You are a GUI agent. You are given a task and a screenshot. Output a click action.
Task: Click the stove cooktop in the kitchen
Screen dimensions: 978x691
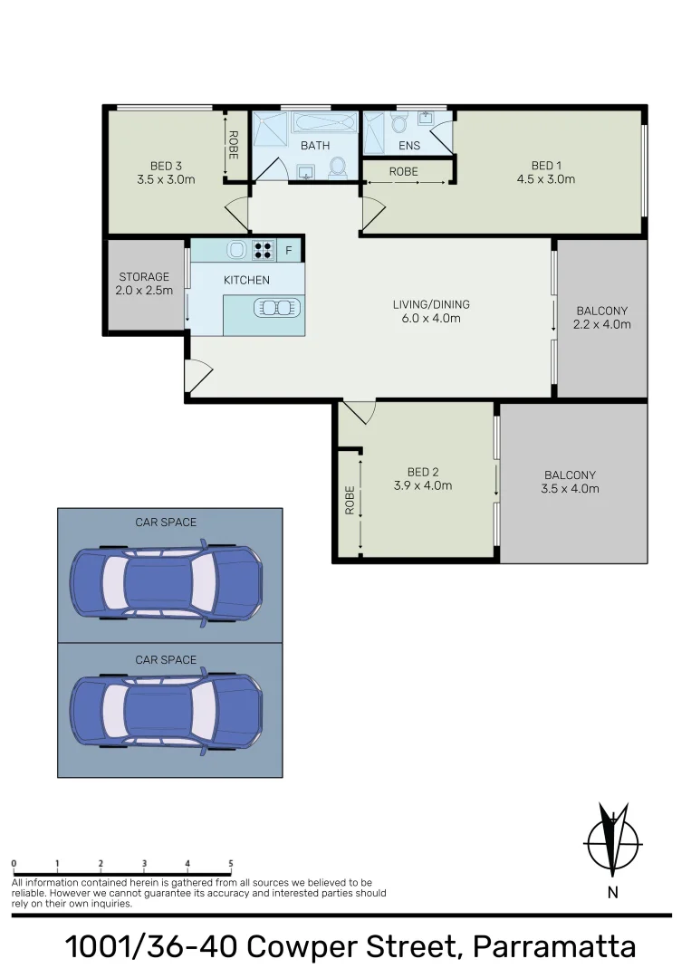(264, 250)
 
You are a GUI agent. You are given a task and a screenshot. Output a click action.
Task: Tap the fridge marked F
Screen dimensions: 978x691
(289, 251)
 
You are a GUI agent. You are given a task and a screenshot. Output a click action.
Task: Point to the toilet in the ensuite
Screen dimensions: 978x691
(399, 124)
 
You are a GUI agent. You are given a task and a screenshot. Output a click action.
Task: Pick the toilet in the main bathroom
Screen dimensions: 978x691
(337, 168)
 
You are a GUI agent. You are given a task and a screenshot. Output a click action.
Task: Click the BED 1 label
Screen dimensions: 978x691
(546, 166)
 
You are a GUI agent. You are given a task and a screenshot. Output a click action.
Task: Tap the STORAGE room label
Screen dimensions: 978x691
(144, 277)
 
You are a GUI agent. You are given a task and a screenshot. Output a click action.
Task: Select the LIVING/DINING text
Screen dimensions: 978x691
(432, 304)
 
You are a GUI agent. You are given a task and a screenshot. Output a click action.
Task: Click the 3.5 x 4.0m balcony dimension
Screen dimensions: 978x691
(570, 489)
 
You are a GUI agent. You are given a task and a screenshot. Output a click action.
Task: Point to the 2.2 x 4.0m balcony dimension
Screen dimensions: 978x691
(602, 324)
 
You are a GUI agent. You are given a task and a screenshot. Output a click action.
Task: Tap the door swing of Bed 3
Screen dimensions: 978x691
(236, 214)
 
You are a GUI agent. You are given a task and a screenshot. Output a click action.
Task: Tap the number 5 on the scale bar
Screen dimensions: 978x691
(231, 864)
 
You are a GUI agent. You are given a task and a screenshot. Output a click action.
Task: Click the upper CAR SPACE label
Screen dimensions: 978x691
(166, 523)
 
